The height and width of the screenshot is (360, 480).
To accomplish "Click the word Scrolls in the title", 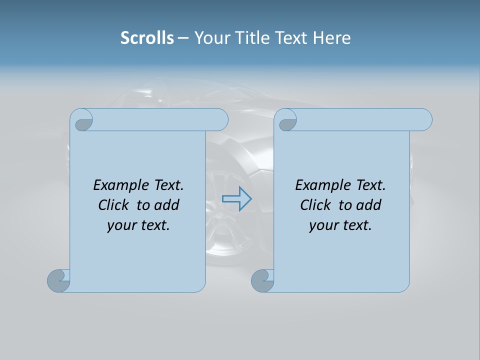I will point(147,37).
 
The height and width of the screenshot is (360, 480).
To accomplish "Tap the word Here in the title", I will point(331,37).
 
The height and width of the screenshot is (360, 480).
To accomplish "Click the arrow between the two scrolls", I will point(236,198).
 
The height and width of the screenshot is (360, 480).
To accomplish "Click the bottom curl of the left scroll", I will point(58,280).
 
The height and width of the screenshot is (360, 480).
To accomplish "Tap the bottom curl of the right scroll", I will point(262,280).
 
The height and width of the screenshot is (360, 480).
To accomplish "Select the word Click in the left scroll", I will point(113,205).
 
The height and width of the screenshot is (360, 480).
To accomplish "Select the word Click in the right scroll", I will point(315,205).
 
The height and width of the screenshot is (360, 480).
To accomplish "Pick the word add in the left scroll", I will point(167,205).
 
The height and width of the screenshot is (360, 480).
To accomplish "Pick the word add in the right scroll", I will point(369,205).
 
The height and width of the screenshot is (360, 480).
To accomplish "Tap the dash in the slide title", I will point(183,38).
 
